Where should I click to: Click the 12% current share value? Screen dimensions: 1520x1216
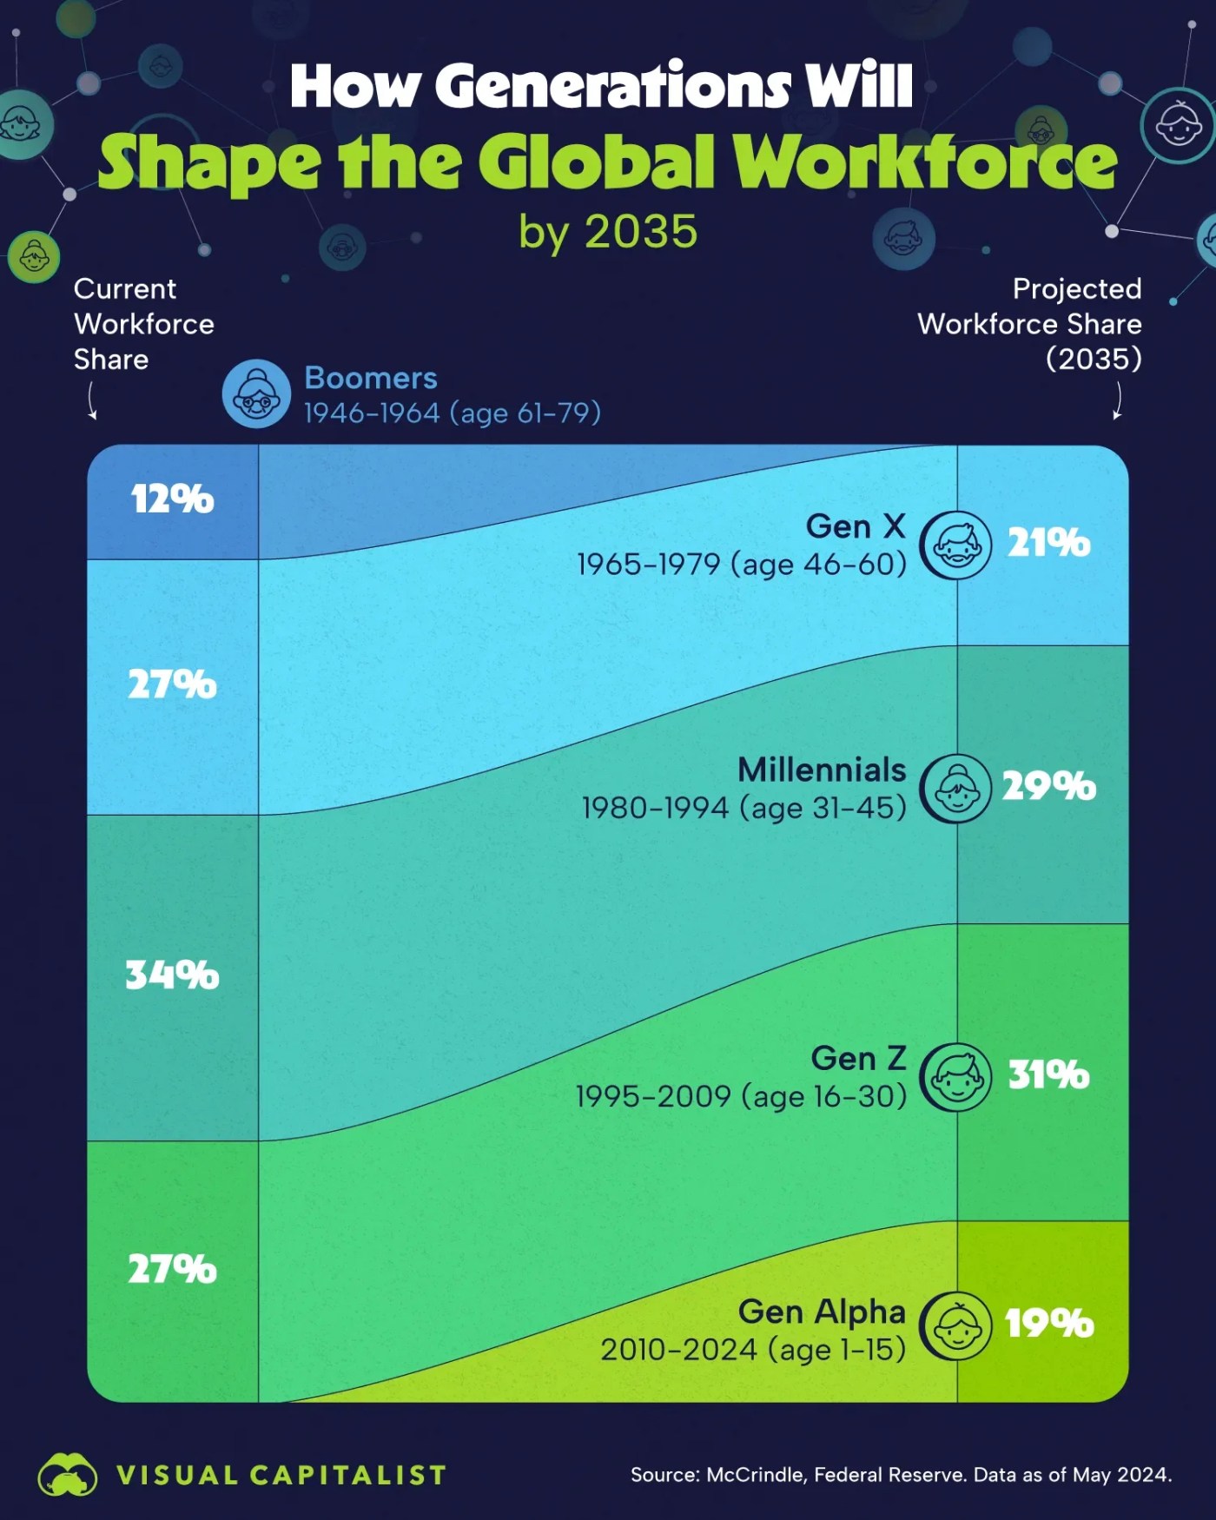[x=172, y=499]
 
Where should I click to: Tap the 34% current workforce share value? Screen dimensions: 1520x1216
[x=172, y=975]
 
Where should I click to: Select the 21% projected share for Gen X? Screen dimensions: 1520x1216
[x=1048, y=543]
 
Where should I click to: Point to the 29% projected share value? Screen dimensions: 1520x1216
[x=1048, y=786]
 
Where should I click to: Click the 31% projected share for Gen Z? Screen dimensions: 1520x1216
[x=1048, y=1074]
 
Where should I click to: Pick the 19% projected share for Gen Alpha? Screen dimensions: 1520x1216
[x=1048, y=1323]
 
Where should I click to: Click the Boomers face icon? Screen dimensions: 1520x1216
[x=256, y=394]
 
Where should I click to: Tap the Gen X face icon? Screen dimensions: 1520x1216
[x=955, y=545]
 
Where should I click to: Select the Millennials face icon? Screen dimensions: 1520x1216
[x=955, y=789]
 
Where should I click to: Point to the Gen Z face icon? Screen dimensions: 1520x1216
[x=955, y=1077]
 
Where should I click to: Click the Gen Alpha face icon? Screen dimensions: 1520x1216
[x=955, y=1325]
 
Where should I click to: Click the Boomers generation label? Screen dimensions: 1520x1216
[x=371, y=378]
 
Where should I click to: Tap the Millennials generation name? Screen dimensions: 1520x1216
[x=822, y=770]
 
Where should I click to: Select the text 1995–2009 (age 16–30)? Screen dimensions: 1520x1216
[x=741, y=1096]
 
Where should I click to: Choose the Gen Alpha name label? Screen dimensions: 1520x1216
[x=822, y=1312]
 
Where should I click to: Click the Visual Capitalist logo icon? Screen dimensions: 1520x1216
[x=67, y=1474]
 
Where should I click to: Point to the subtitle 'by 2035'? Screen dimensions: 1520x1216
[x=608, y=232]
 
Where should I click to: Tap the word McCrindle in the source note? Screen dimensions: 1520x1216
[x=754, y=1475]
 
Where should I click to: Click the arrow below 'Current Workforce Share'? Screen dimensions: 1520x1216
[x=91, y=402]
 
